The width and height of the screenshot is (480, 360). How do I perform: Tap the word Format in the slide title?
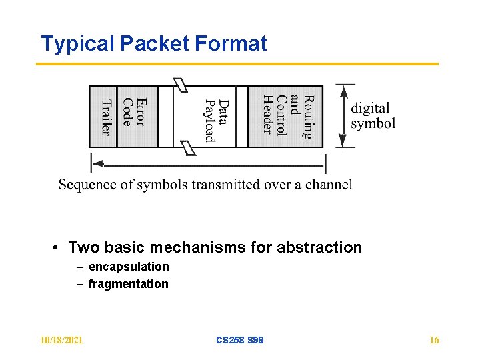coord(231,44)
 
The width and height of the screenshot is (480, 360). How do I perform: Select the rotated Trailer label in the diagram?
coord(105,117)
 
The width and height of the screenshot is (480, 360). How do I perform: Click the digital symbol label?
coord(373,115)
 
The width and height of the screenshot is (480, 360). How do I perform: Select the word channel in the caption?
coord(329,184)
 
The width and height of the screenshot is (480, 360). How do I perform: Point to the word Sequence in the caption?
coord(83,185)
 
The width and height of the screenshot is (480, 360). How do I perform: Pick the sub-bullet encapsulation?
coord(129,267)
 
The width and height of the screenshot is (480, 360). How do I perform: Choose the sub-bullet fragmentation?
coord(128,284)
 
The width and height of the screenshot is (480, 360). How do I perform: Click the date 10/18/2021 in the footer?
coord(61,340)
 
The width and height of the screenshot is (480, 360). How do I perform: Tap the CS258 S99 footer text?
coord(239,340)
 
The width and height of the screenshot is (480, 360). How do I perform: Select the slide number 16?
coord(434,340)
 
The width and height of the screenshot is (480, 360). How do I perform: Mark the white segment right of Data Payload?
coord(241,116)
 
